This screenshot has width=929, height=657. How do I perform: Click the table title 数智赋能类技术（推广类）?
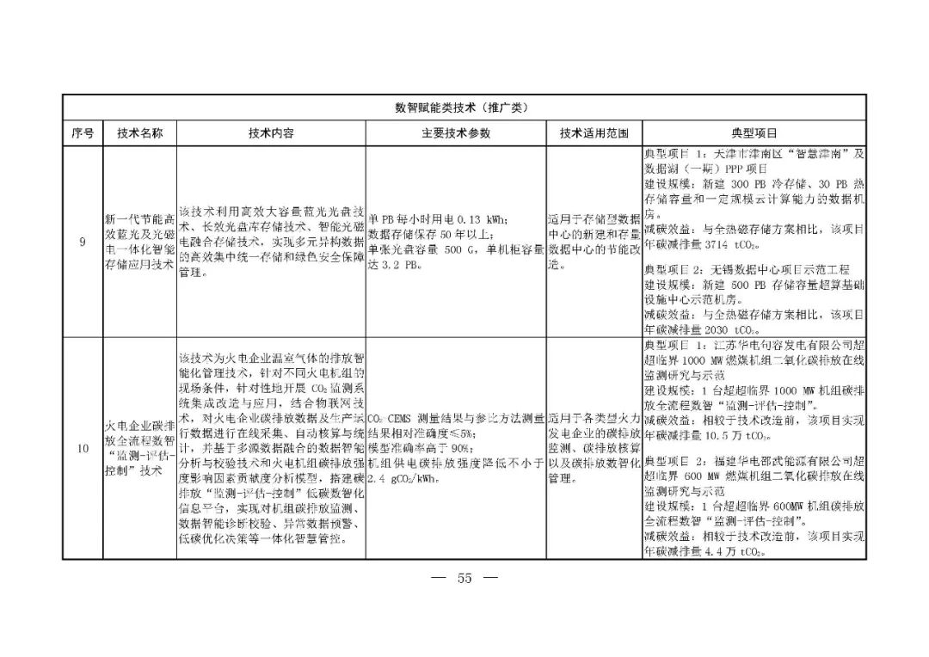coord(464,107)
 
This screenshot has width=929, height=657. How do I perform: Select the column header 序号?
coord(82,133)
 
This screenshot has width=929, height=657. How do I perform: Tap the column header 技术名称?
coord(139,133)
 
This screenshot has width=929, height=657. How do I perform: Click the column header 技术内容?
coord(271,133)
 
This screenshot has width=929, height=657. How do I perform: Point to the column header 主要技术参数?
coord(456,133)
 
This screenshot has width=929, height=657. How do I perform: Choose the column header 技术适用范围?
coord(594,133)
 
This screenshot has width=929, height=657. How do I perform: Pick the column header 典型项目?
coord(754,133)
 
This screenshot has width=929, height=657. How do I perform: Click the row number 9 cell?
coord(82,243)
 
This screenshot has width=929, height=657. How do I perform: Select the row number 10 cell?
coord(82,448)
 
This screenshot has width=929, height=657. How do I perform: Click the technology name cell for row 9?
coord(139,243)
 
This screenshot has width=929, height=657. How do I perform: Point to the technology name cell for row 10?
coord(139,448)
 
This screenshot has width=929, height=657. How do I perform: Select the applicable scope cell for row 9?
coord(594,243)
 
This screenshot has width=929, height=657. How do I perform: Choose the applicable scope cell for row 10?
coord(594,448)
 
